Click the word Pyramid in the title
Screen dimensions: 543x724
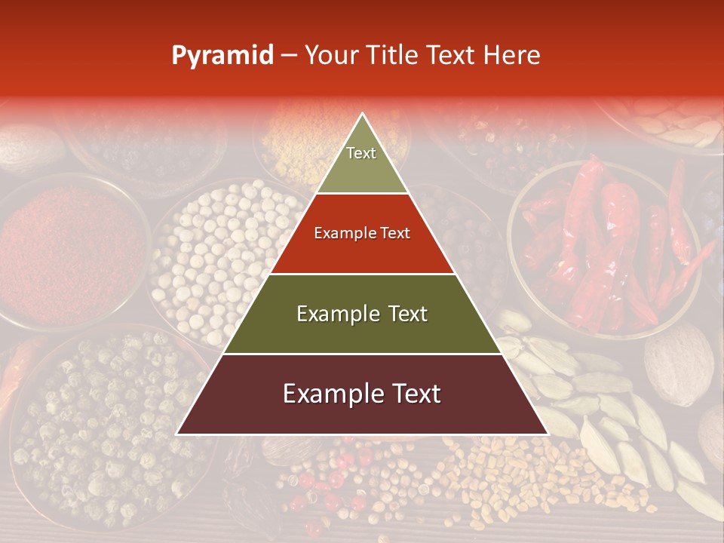tap(222, 56)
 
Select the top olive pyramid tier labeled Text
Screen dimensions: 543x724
tap(362, 162)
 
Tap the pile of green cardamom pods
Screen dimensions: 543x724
tap(596, 407)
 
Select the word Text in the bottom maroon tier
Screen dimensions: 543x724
tap(414, 394)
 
